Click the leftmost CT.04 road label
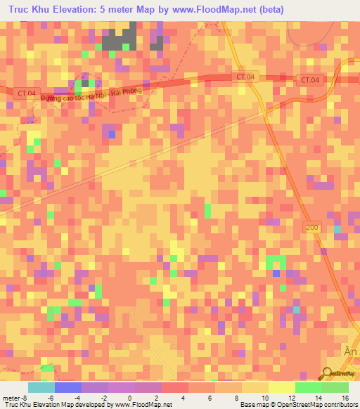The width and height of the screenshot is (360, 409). [25, 92]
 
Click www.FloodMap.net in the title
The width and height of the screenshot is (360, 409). [210, 8]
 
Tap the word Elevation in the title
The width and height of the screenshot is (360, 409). [77, 8]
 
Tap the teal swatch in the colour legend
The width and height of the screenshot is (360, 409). [41, 387]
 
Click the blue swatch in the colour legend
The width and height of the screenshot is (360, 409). [67, 387]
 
